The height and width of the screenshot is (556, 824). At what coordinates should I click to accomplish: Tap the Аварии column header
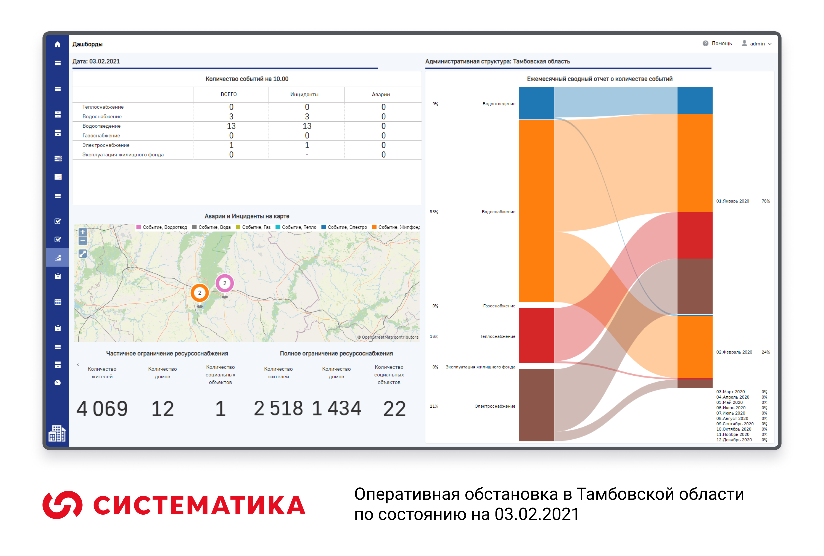coord(381,94)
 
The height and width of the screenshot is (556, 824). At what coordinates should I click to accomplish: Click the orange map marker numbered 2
coord(200,293)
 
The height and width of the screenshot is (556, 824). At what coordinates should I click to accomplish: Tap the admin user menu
coord(757,44)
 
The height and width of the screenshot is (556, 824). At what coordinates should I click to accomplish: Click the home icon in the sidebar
coord(58,44)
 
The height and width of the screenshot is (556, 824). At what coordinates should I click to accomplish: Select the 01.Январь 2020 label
coord(733,201)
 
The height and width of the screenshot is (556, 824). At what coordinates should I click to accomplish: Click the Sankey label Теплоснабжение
coord(497,336)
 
